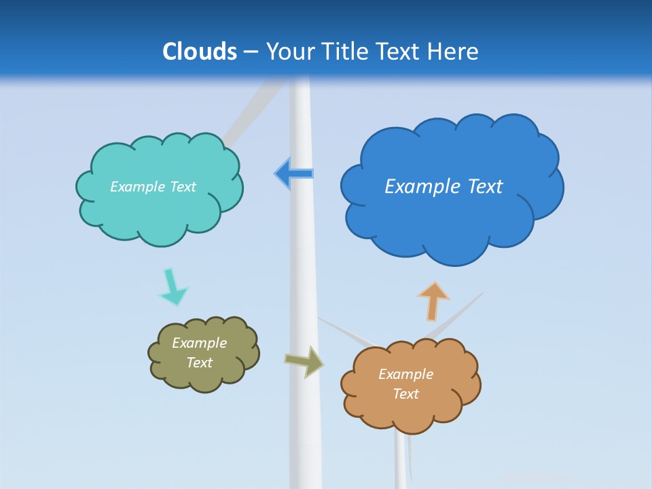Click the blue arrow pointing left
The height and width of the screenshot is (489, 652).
(294, 174)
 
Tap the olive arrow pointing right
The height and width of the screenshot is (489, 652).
(304, 361)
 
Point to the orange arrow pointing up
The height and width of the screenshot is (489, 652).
(433, 301)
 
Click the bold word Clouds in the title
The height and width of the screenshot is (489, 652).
(200, 52)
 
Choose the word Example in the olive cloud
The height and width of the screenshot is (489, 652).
(199, 343)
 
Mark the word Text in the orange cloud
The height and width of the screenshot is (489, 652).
(405, 394)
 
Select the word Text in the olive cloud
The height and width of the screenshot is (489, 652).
(199, 363)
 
